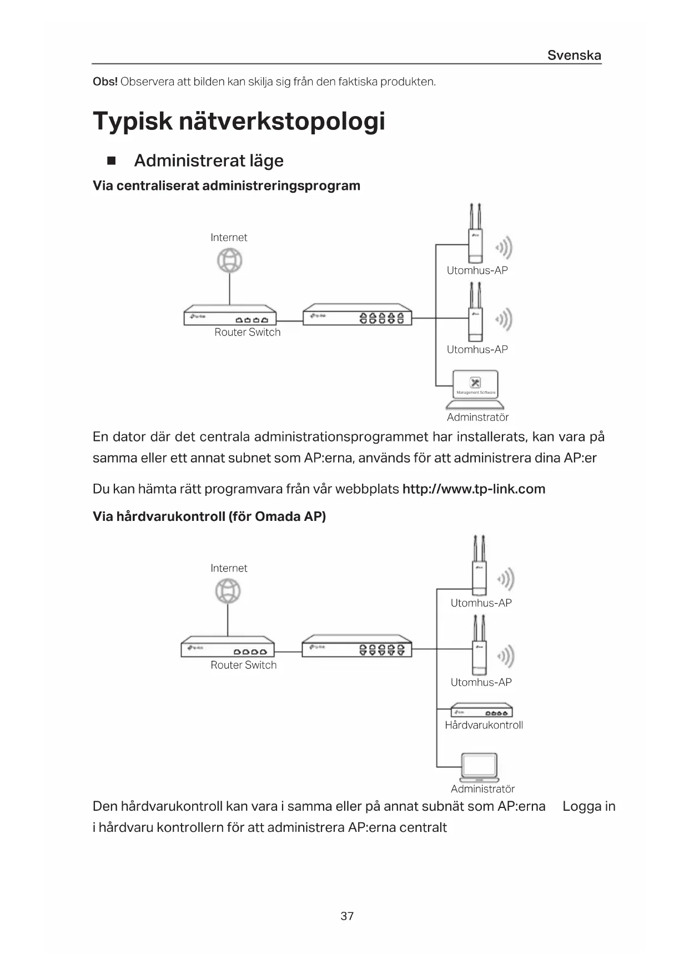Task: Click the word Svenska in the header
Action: point(574,55)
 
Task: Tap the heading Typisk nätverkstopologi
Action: point(239,121)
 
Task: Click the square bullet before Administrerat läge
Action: point(111,161)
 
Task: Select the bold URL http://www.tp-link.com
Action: point(474,489)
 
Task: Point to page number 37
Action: point(347,916)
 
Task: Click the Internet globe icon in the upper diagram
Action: point(230,260)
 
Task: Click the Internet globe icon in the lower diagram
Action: point(228,591)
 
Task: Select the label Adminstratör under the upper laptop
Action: point(477,417)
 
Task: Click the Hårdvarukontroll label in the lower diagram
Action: point(484,725)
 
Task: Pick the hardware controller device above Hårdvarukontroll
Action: point(482,711)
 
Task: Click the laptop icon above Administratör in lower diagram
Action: point(480,767)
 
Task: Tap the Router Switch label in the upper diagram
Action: point(248,332)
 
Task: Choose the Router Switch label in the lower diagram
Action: point(243,665)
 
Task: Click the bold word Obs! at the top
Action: point(105,82)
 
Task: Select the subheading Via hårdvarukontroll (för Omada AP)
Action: point(209,517)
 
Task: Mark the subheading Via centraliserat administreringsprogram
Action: point(227,186)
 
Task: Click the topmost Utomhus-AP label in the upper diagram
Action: point(477,270)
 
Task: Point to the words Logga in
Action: point(589,806)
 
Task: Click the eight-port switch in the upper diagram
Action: point(357,315)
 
